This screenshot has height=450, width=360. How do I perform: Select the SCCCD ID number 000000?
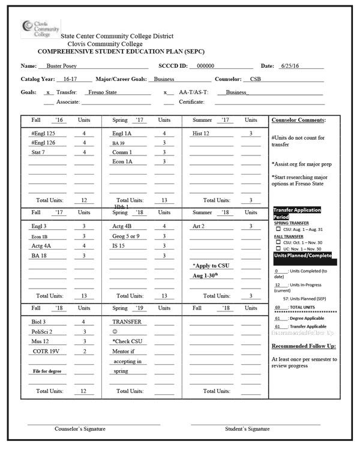[x=205, y=67]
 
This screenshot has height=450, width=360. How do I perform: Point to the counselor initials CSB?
[x=255, y=79]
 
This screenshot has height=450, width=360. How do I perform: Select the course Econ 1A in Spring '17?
[x=122, y=163]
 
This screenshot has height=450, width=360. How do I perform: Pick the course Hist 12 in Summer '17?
[x=202, y=134]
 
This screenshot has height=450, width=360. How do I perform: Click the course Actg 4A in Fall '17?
[x=41, y=246]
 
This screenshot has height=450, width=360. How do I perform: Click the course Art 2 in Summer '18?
[x=199, y=227]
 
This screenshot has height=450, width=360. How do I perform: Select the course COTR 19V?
[x=45, y=352]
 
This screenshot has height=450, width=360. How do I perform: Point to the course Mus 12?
[x=40, y=341]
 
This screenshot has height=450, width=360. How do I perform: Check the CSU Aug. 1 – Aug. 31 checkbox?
[x=279, y=229]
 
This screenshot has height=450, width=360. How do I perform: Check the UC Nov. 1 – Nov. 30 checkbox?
[x=279, y=249]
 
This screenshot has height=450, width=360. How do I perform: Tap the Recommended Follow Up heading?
[x=304, y=346]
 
